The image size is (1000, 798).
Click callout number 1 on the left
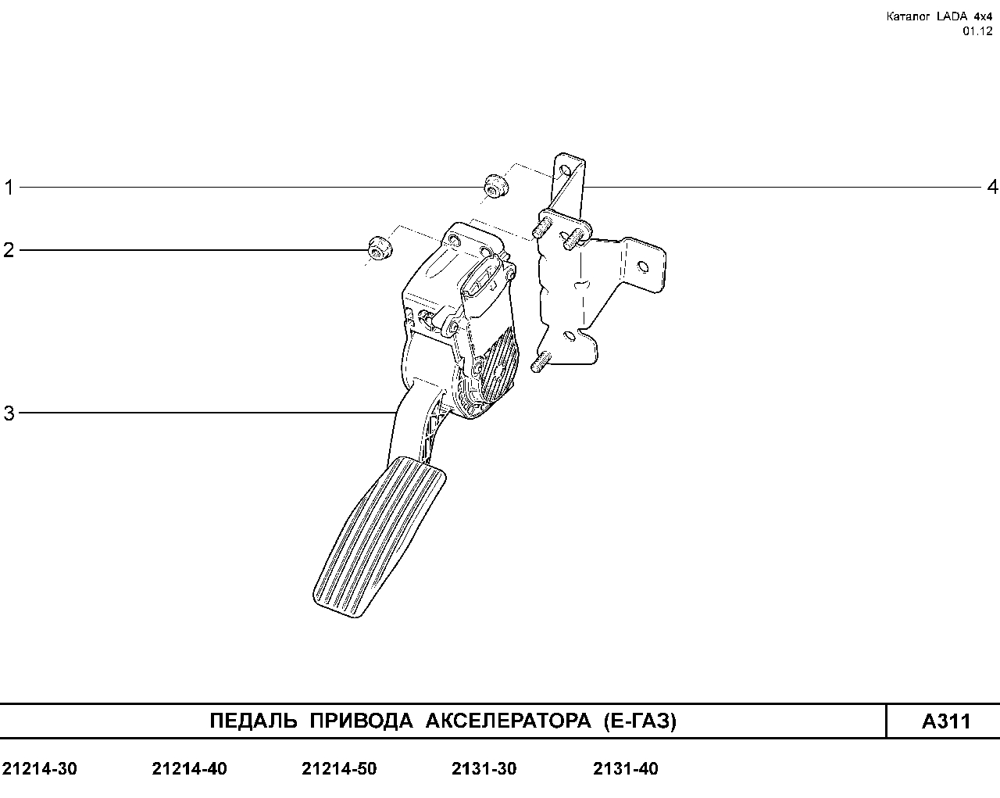(x=9, y=188)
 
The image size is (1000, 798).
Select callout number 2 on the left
(x=9, y=250)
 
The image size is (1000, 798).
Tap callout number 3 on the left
(x=9, y=413)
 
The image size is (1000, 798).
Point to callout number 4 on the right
(x=992, y=188)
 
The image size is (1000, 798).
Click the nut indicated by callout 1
(x=496, y=185)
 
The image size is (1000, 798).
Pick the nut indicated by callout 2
(x=380, y=248)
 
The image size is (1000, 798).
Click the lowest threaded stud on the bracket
(x=540, y=362)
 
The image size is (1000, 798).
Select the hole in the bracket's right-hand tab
(x=643, y=267)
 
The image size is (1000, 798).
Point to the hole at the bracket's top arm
(x=566, y=171)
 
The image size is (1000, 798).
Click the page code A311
(x=946, y=721)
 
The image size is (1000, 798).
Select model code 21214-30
(x=40, y=769)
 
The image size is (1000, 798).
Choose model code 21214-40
(x=190, y=769)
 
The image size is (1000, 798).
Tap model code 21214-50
(x=339, y=769)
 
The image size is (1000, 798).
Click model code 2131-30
(x=484, y=769)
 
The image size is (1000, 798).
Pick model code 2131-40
(x=626, y=769)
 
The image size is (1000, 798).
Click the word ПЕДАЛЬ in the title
(x=253, y=721)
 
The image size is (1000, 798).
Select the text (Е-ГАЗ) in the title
(x=640, y=721)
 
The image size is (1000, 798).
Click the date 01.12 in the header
(x=977, y=31)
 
